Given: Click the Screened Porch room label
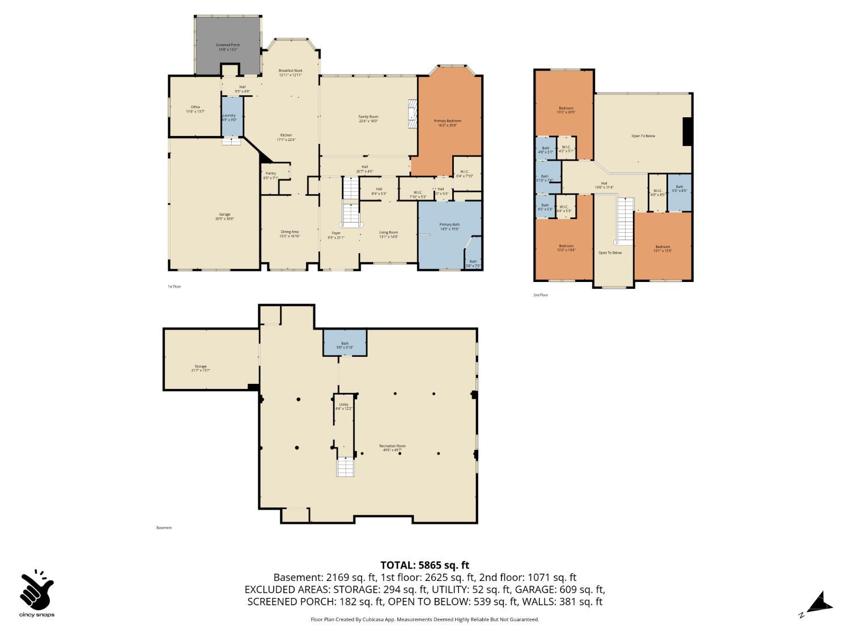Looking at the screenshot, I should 227,46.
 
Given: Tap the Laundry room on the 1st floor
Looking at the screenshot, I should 229,117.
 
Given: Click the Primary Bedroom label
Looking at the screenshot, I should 447,122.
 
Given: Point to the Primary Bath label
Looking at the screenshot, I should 449,226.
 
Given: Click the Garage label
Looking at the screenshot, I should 225,216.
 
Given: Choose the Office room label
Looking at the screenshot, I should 195,109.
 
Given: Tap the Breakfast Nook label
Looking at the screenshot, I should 290,72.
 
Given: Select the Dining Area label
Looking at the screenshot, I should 289,233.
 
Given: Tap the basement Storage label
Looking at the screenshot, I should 200,368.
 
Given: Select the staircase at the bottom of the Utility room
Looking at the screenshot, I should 345,468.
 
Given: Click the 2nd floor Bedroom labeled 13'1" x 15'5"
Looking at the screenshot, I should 662,248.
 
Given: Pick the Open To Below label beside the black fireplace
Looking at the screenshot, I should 643,136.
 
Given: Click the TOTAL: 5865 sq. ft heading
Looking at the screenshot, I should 424,565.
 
